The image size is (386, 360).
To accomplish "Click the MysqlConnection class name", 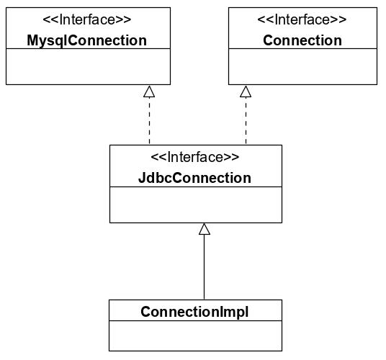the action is click(x=86, y=40).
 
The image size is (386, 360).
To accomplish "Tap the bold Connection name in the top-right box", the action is click(x=302, y=40).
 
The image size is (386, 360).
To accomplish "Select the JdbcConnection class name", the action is click(x=194, y=178).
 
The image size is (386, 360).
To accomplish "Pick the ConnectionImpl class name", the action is click(x=194, y=312).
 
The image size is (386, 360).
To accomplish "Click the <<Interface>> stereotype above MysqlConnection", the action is click(x=87, y=19).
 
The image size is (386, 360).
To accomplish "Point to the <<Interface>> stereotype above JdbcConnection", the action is click(x=194, y=157).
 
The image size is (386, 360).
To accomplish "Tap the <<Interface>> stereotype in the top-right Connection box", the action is click(x=302, y=19).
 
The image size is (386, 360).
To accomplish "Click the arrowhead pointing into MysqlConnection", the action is click(x=149, y=91).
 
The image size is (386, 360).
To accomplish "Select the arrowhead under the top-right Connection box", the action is click(x=246, y=91).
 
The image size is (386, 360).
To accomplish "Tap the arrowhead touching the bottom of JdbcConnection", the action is click(x=205, y=229).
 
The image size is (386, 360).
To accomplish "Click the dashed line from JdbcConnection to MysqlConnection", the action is click(x=149, y=120).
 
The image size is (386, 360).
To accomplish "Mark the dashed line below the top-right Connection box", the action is click(x=246, y=120).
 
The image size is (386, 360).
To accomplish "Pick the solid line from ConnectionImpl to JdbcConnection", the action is click(x=204, y=267).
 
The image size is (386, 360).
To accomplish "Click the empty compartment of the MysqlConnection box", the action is click(x=88, y=66).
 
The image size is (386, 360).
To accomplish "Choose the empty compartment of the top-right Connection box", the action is click(x=302, y=66).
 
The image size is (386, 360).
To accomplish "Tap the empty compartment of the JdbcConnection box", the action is click(x=196, y=204).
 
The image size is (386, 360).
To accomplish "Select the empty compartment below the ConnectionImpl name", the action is click(x=195, y=336).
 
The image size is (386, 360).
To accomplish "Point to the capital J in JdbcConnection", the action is click(x=142, y=178).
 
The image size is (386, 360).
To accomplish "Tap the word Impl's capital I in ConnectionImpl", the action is click(x=220, y=312).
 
